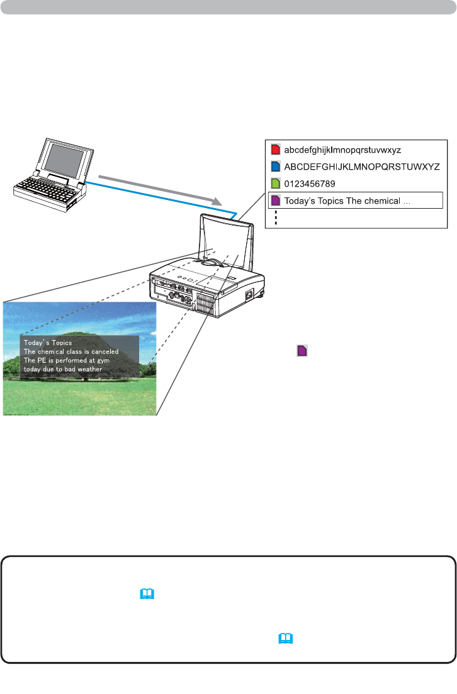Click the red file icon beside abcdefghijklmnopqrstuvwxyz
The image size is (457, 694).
point(275,151)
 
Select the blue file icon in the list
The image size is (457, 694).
point(275,167)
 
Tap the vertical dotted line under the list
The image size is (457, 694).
point(276,218)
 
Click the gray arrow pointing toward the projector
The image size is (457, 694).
point(161,186)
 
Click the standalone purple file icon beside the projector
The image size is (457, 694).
point(302,351)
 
